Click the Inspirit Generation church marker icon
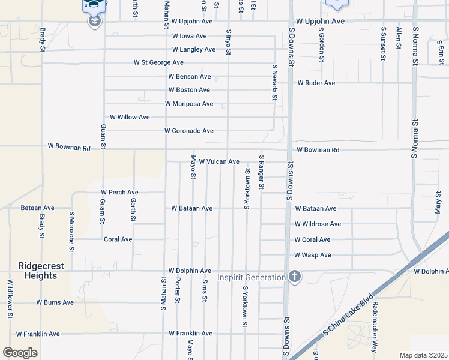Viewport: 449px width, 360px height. (x=294, y=277)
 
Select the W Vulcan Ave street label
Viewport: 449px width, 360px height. (x=219, y=162)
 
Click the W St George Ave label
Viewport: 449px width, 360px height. (x=158, y=62)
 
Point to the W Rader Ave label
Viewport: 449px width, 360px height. (x=316, y=83)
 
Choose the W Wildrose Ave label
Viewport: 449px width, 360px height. (x=318, y=224)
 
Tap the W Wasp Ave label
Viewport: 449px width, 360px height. (x=313, y=255)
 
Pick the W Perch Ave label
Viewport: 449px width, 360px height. (x=119, y=193)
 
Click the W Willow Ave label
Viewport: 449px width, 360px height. (x=130, y=117)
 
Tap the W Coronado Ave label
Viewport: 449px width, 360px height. (x=189, y=131)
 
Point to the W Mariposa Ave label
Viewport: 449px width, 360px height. (x=189, y=104)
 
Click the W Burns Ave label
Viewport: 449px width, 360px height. (x=55, y=302)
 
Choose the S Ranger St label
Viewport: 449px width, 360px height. (x=261, y=172)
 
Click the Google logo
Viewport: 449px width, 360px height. (x=20, y=353)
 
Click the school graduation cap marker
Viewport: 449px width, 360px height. (x=94, y=21)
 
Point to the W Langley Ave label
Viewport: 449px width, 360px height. (x=193, y=50)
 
